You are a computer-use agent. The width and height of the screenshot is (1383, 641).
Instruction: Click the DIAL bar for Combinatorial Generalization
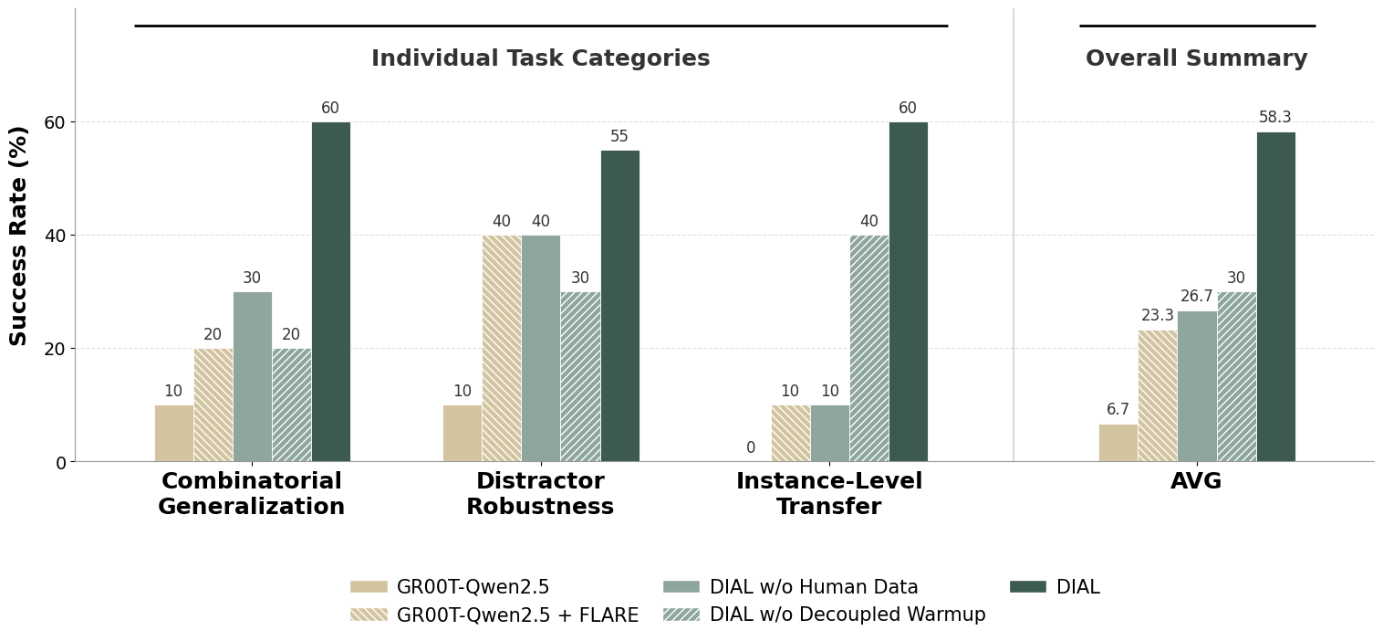coord(330,292)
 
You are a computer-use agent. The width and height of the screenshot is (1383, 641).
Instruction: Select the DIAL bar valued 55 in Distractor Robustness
coord(619,306)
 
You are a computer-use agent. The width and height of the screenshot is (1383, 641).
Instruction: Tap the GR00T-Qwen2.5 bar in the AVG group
coord(1118,443)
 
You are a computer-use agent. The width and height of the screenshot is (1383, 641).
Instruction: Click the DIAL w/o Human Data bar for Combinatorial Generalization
coord(252,376)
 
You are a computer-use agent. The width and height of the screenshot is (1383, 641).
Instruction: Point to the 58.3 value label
coord(1274,118)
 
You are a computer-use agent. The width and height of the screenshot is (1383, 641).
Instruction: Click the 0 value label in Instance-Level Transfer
coord(751,448)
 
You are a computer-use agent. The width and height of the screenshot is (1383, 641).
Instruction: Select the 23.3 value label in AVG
coord(1157,316)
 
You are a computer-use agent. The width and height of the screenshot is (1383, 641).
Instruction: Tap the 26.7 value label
coord(1196,297)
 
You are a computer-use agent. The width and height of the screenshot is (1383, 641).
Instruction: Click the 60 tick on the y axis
coord(54,122)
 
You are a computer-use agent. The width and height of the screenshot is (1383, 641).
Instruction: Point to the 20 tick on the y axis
coord(54,349)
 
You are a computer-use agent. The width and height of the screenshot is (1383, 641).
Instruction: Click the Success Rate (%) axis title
coord(19,236)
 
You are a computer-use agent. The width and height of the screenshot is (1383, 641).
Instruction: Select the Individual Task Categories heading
coord(540,59)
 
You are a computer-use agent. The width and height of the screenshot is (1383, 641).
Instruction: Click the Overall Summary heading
coord(1196,59)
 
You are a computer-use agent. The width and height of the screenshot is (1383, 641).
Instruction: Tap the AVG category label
coord(1196,482)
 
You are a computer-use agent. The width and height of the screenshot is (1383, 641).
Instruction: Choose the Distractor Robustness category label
coord(540,494)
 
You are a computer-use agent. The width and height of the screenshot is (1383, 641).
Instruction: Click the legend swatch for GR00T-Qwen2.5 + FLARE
coord(369,615)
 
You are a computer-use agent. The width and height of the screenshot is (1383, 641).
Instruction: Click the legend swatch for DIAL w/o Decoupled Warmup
coord(681,615)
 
